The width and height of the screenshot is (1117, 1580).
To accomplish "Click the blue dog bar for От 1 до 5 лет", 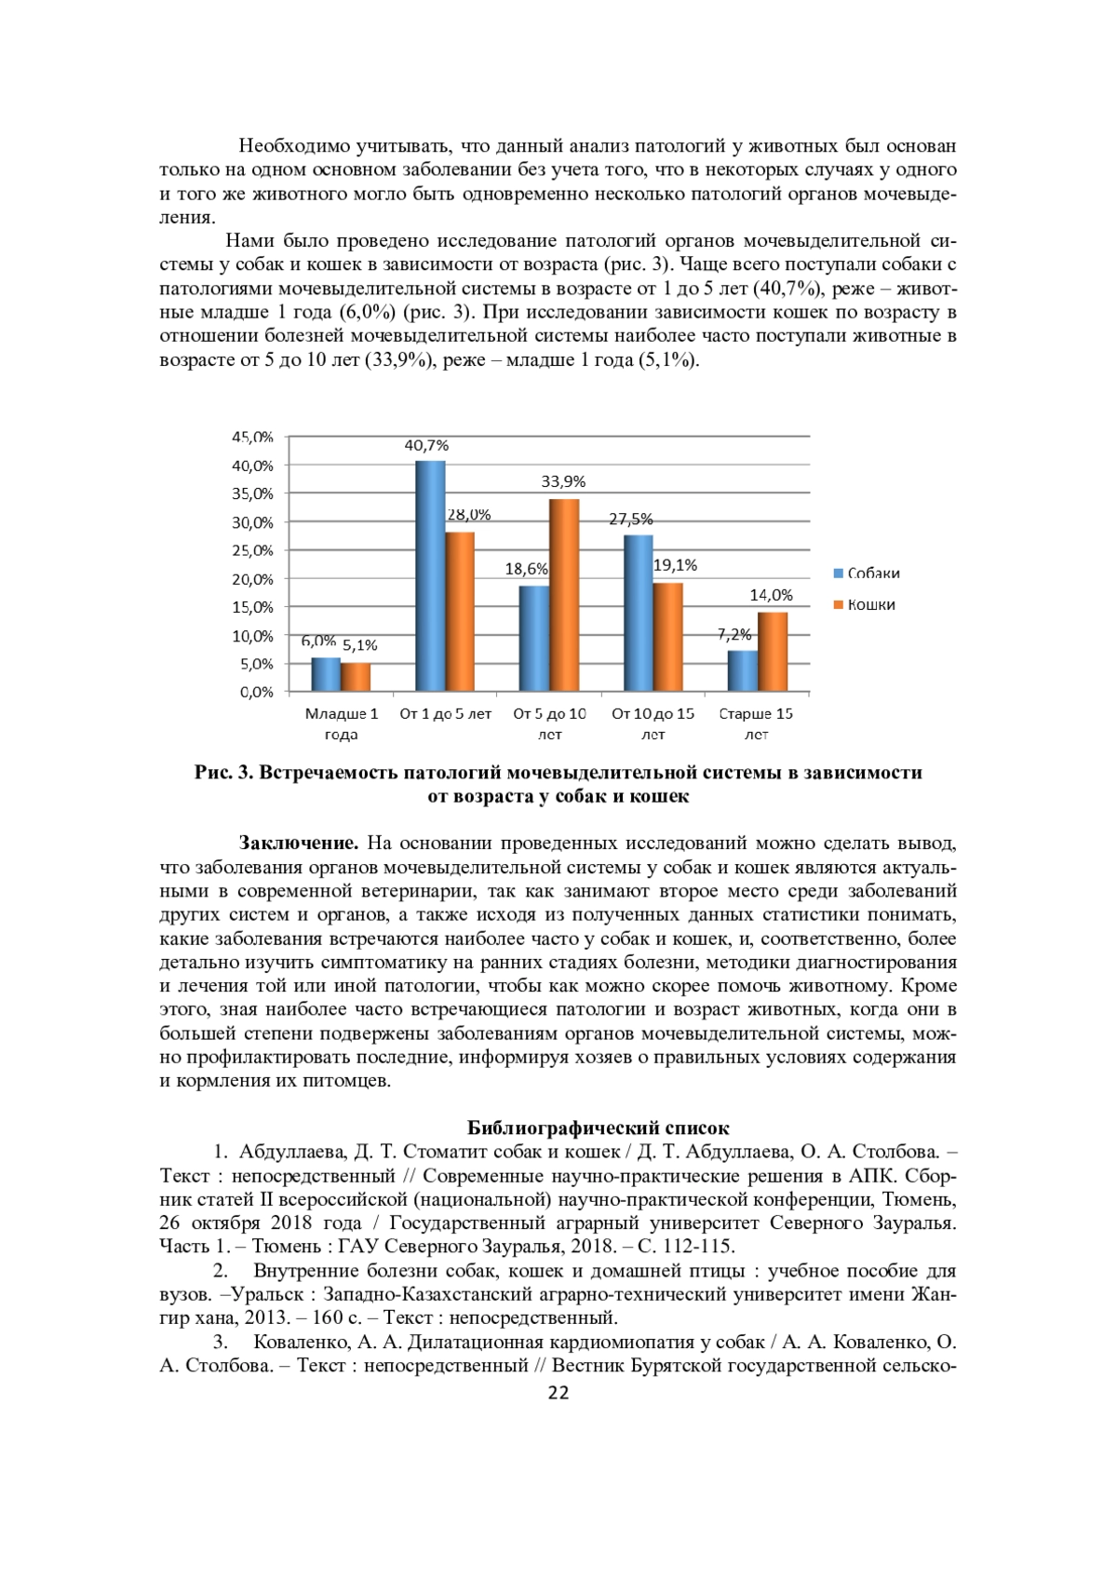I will click(430, 576).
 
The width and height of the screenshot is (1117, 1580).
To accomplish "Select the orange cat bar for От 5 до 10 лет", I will click(564, 596).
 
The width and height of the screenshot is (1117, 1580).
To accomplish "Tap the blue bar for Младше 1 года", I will click(326, 674).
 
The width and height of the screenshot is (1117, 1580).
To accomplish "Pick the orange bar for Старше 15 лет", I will click(773, 652).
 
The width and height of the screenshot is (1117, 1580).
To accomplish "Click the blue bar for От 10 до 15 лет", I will click(638, 614).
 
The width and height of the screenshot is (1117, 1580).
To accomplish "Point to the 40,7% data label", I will click(426, 445).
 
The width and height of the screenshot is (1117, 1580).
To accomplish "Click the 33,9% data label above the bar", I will click(563, 481).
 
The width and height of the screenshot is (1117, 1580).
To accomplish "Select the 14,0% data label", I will click(771, 595).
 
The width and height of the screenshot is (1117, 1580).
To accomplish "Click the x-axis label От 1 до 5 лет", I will click(445, 715).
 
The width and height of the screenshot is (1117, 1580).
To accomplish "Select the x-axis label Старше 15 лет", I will click(756, 723).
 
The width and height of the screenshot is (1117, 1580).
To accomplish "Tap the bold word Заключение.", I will click(299, 844).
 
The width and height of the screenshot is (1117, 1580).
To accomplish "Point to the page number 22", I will click(558, 1393).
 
